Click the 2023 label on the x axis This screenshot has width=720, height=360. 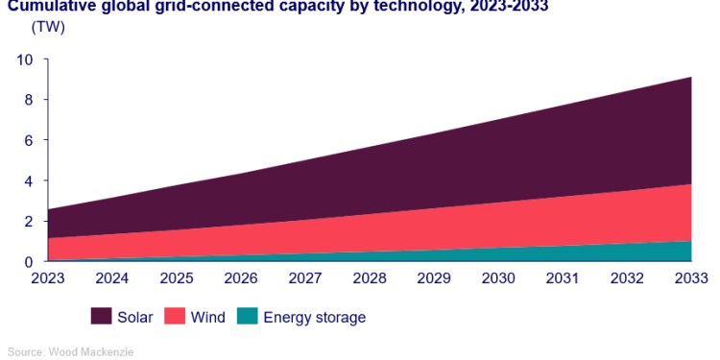[47, 279]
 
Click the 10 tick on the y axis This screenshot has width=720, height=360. [25, 60]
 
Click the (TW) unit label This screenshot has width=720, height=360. [48, 27]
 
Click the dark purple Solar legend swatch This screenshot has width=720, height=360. [102, 317]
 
